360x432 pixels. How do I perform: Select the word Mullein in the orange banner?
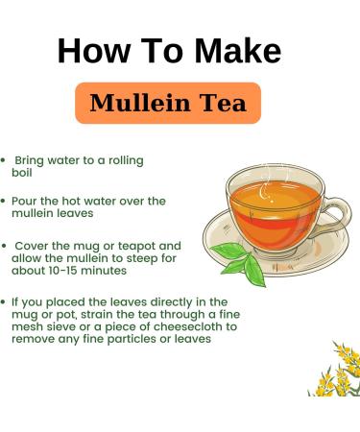[x=140, y=103]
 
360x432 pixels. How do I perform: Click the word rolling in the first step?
[x=126, y=160]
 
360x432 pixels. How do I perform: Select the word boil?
[x=22, y=173]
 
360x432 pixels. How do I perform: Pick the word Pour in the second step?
[x=24, y=202]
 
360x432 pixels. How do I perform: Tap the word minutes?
[x=104, y=271]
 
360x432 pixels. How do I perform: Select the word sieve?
[x=65, y=326]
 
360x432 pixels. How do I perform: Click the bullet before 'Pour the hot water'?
[x=4, y=202]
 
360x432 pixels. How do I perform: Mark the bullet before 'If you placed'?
[x=4, y=302]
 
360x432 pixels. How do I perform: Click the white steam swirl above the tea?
[x=265, y=191]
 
